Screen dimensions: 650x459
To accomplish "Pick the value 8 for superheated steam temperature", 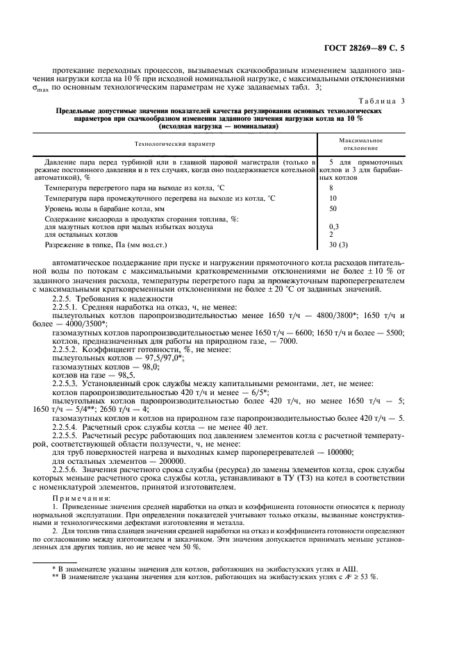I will click(331, 187).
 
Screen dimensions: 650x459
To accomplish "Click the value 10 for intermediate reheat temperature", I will click(333, 198).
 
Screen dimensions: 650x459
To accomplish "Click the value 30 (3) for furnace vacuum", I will click(338, 244).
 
